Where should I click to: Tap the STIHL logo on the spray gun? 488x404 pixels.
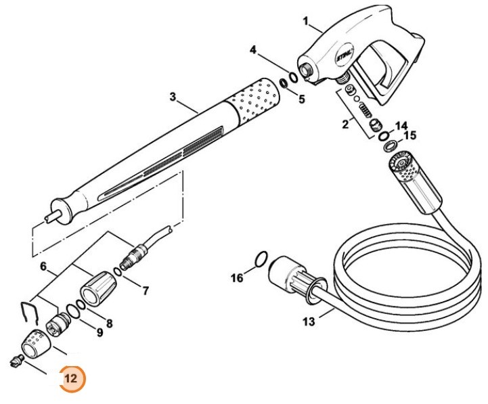click(x=345, y=58)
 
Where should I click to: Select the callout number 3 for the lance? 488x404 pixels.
click(x=173, y=97)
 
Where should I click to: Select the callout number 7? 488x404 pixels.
click(x=144, y=291)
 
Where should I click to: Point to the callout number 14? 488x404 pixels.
click(x=402, y=125)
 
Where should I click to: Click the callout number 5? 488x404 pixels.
click(x=302, y=98)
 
